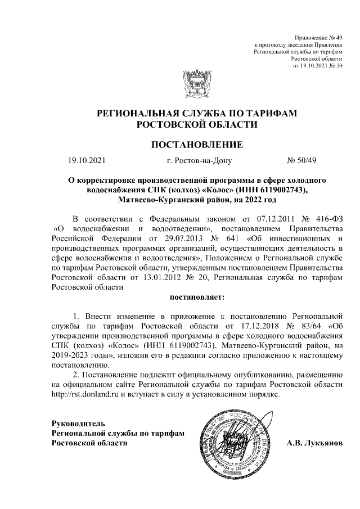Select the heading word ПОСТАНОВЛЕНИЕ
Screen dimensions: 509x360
click(x=197, y=145)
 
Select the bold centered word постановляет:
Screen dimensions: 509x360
click(x=197, y=295)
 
